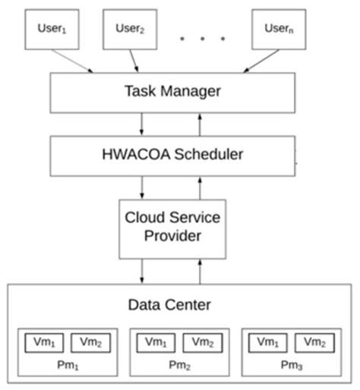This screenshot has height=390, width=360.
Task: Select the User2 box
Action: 131,30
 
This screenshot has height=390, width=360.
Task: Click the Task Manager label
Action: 172,92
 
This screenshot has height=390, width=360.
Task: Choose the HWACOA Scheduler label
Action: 172,154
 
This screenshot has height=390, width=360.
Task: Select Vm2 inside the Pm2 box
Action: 202,342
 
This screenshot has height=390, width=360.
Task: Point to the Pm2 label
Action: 178,366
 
